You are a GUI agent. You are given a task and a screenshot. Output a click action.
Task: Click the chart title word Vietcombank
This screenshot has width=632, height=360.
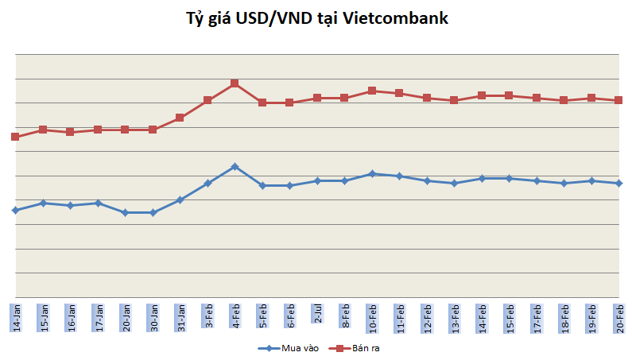tap(396, 17)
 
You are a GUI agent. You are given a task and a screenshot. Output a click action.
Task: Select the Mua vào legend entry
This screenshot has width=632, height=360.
tap(289, 347)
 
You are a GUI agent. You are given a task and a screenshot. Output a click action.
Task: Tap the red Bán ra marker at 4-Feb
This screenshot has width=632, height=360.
tap(235, 83)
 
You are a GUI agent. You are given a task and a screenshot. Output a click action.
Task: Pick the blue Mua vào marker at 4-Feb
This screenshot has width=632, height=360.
tap(235, 166)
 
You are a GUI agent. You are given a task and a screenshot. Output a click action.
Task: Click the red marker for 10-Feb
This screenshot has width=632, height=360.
tap(372, 91)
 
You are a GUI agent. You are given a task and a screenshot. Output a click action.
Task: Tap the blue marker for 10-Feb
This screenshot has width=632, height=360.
tap(372, 173)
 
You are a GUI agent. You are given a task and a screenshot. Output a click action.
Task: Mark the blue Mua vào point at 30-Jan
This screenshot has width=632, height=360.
tap(153, 212)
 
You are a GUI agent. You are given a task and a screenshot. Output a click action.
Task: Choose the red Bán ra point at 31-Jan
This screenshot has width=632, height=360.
tap(180, 118)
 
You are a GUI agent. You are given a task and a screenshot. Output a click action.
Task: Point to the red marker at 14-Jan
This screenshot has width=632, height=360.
tap(15, 137)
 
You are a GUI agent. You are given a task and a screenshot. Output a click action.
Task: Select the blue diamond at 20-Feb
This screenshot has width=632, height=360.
tap(618, 183)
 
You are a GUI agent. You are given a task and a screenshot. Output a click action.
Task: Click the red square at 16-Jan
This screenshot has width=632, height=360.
tap(70, 132)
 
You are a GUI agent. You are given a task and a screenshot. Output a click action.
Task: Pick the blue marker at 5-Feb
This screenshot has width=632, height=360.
tap(262, 185)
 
